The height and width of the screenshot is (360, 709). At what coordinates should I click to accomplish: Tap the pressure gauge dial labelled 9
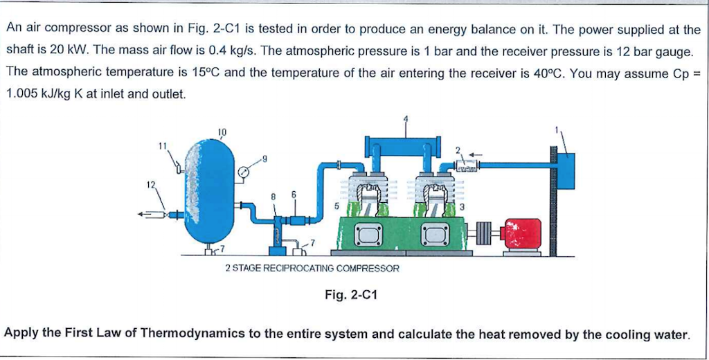click(244, 172)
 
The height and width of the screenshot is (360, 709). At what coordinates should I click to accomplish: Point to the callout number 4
click(406, 118)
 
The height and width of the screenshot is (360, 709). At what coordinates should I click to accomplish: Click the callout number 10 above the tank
click(222, 131)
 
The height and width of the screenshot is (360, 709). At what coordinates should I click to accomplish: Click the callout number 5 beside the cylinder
click(336, 206)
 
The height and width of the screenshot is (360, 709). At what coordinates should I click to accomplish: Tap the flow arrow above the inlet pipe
click(474, 154)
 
